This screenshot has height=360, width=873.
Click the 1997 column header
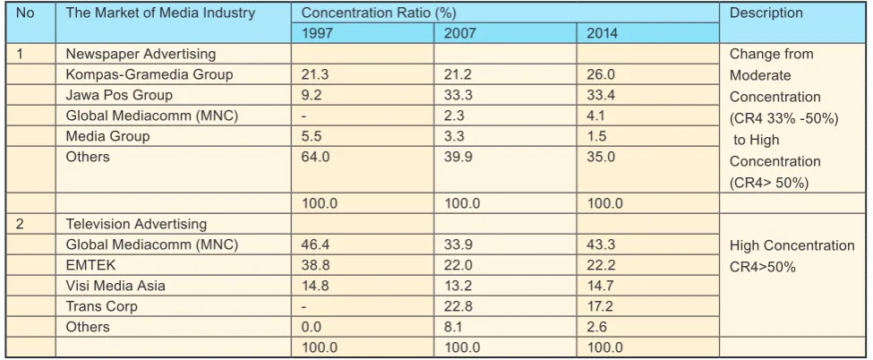(x=317, y=33)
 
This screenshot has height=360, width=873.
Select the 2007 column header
(x=460, y=33)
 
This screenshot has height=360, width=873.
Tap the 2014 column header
(x=603, y=33)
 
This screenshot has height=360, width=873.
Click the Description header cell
(x=766, y=13)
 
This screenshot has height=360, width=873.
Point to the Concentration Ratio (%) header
(x=379, y=13)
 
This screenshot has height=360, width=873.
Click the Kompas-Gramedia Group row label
(x=150, y=74)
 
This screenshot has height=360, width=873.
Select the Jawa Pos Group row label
(x=119, y=95)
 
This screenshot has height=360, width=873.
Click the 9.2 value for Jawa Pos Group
(x=312, y=95)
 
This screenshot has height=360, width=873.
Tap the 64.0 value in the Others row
(x=316, y=157)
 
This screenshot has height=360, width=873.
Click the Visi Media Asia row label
(x=116, y=286)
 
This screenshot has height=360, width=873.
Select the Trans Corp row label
(x=101, y=306)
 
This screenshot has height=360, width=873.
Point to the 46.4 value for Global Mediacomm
(x=316, y=244)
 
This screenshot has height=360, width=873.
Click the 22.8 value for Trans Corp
(x=458, y=306)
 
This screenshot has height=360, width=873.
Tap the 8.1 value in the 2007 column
(x=454, y=327)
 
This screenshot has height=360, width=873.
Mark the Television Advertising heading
(x=136, y=224)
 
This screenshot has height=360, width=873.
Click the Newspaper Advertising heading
(x=141, y=54)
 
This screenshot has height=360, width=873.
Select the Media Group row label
(x=107, y=136)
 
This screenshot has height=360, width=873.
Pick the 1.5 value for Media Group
(x=596, y=136)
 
